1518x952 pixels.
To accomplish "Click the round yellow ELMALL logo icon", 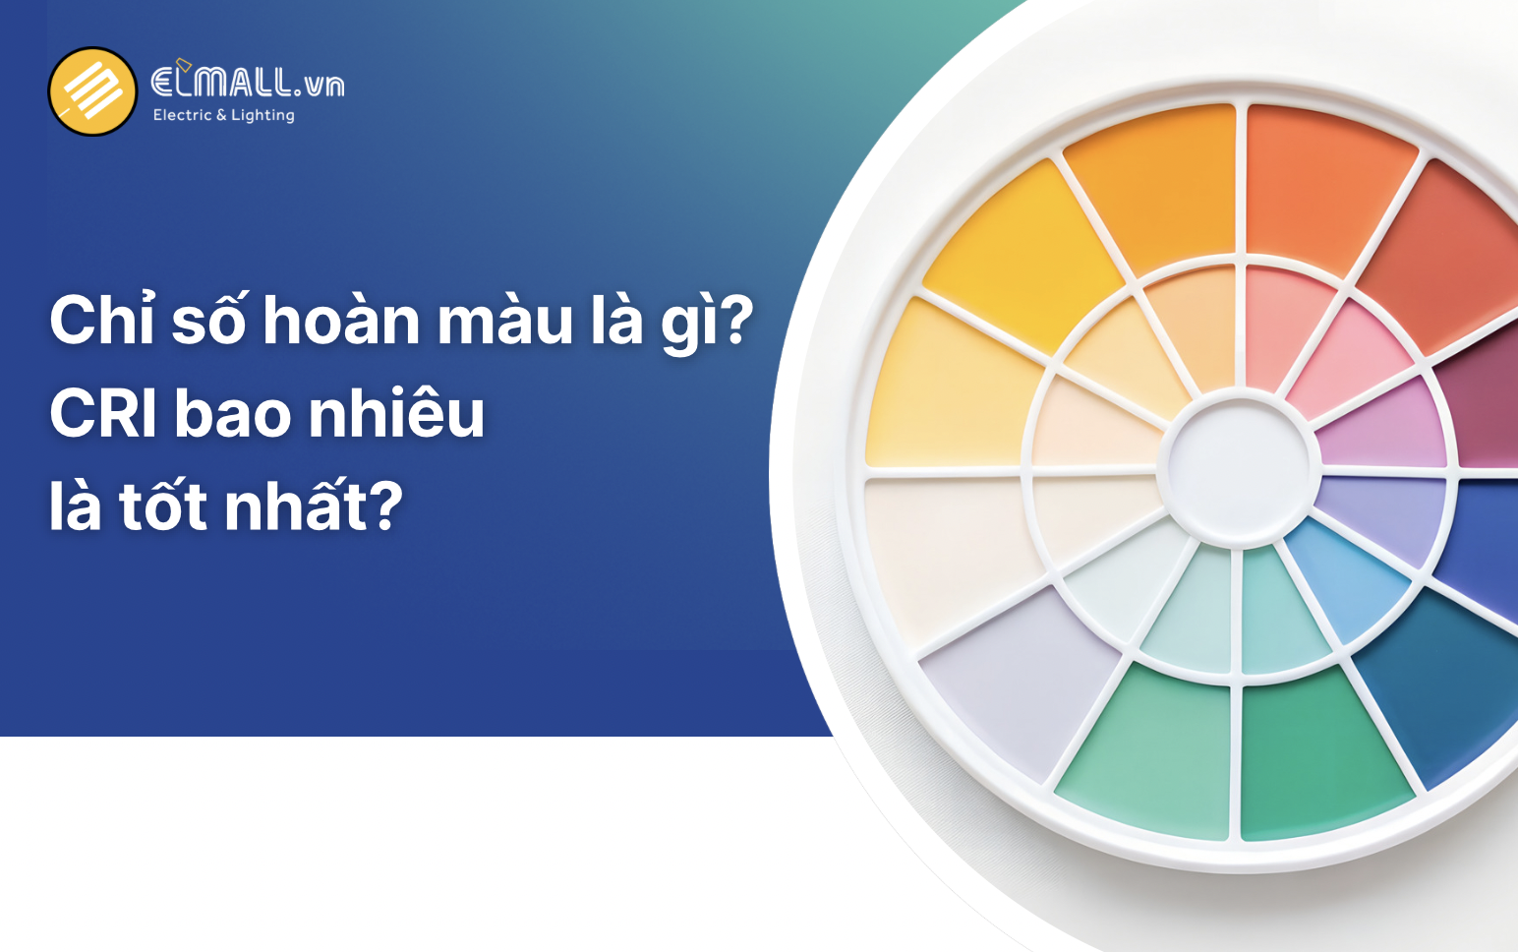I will click(92, 91).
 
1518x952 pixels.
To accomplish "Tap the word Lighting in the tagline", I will click(263, 115).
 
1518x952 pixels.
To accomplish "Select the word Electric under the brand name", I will click(182, 115).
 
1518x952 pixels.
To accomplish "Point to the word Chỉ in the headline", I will click(102, 321).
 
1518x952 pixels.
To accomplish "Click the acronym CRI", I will click(103, 414).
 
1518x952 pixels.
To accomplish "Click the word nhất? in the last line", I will click(314, 506).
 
